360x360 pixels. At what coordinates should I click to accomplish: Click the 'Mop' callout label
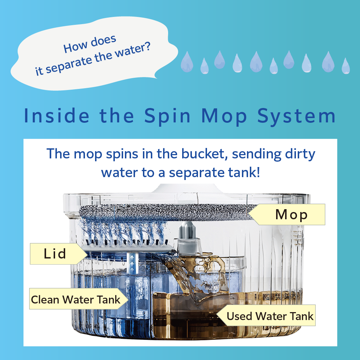tap(291, 215)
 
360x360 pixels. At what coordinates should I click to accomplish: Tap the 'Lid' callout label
tap(55, 254)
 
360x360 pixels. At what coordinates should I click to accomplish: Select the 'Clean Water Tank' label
tap(76, 299)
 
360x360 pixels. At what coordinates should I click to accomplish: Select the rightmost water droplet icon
tap(346, 66)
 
